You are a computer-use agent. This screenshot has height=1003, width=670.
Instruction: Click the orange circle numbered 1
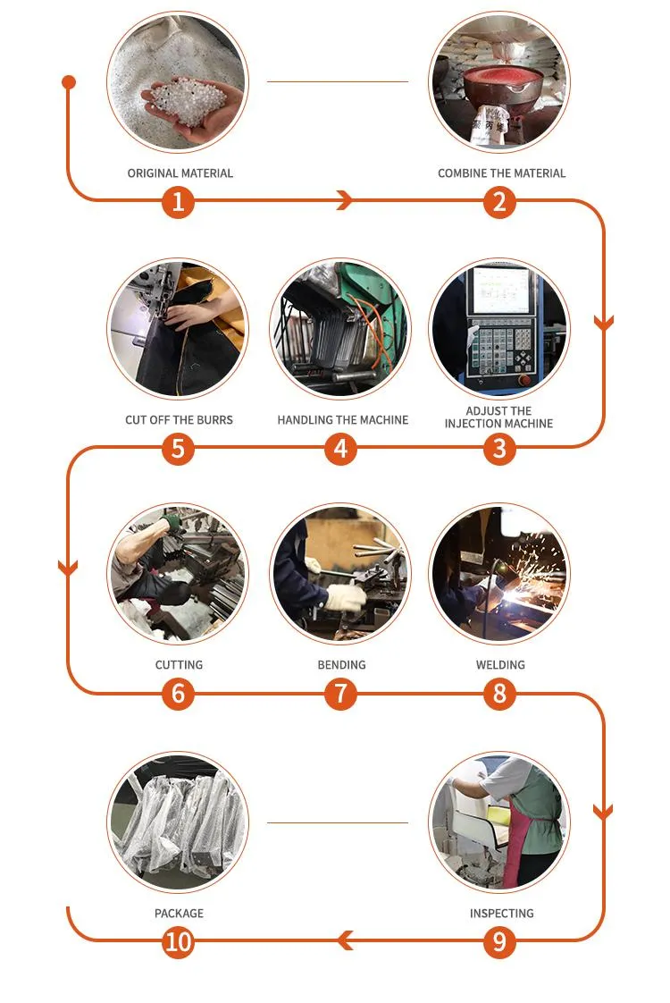178,202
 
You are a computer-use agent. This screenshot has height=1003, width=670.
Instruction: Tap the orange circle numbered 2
499,202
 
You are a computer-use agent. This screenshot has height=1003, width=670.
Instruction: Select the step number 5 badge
178,448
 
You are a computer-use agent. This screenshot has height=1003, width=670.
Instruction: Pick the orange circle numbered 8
499,694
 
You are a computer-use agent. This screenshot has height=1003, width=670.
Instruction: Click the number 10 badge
178,941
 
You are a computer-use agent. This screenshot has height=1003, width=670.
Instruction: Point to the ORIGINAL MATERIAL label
180,173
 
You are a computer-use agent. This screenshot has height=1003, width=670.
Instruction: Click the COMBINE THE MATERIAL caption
501,173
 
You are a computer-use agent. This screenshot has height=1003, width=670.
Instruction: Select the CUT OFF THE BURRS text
178,419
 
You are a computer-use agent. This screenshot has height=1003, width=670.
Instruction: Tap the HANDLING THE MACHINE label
342,419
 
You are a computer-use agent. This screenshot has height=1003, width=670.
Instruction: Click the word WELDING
500,665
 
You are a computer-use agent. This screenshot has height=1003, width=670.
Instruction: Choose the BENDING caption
341,665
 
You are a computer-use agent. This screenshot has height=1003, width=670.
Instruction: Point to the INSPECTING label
501,913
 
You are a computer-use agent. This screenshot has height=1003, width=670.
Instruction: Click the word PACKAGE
179,913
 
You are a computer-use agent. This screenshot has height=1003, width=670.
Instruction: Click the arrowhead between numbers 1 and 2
344,202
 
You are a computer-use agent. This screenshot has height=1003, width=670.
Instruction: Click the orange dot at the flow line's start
69,82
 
